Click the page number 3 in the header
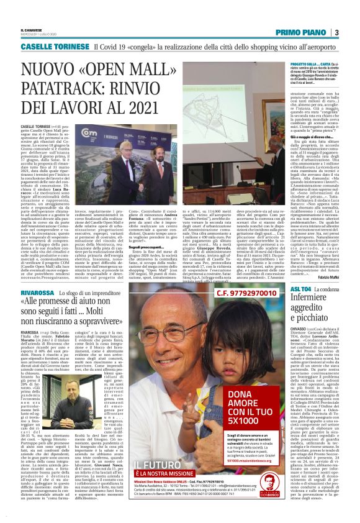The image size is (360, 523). coord(336,33)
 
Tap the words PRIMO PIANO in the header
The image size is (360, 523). coord(303,33)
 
